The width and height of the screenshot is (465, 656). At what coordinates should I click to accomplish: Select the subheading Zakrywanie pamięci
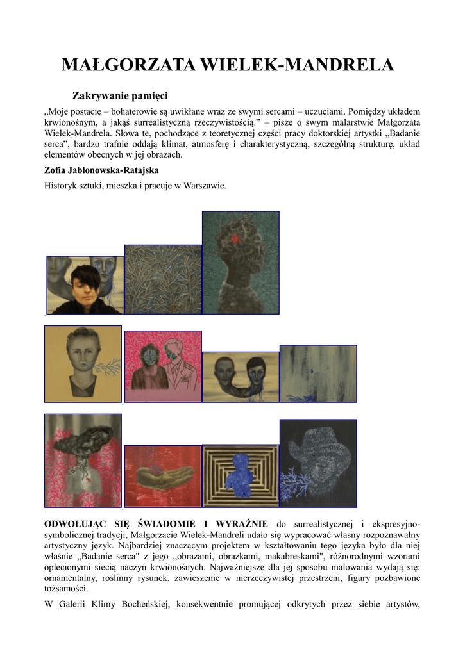point(120,96)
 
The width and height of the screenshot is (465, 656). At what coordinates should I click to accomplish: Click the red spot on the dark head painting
point(235,238)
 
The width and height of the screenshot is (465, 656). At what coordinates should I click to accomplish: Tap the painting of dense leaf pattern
point(163,279)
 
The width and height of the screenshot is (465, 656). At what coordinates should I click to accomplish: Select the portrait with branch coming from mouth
point(83,363)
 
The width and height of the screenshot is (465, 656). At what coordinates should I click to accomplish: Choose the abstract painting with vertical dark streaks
point(318,373)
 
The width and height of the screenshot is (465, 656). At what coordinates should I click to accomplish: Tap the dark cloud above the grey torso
point(81,441)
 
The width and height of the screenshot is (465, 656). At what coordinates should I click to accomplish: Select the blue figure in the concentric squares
point(241,473)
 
